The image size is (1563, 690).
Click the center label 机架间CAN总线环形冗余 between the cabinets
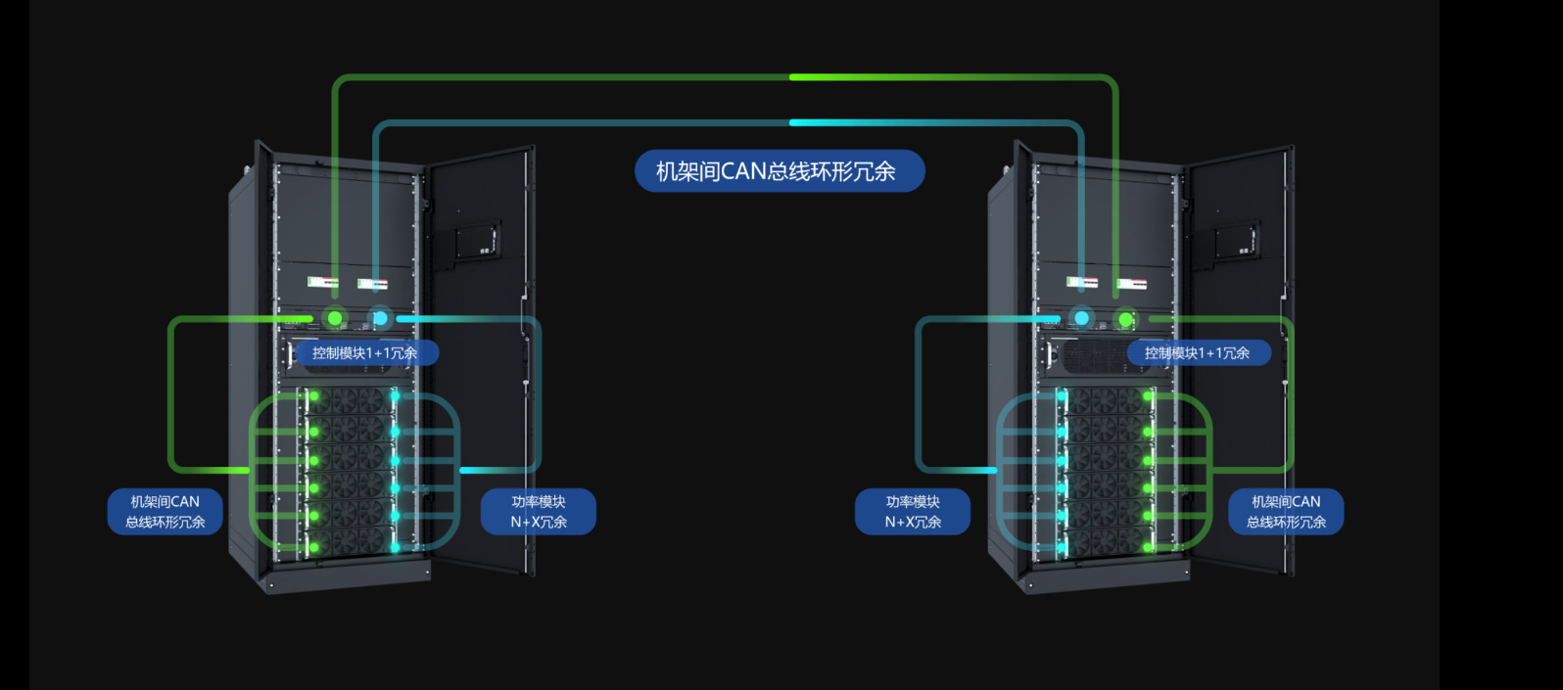[x=779, y=171]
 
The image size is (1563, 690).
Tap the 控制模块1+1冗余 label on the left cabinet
[x=365, y=353]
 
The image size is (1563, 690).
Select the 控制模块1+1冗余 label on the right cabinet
[x=1198, y=353]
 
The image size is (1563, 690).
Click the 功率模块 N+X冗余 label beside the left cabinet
[x=539, y=512]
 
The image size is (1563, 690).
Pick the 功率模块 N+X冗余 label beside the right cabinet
[x=913, y=512]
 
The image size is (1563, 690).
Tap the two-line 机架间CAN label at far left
[x=165, y=512]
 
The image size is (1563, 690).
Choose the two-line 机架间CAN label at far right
[x=1286, y=512]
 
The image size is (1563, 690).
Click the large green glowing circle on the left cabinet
[x=335, y=318]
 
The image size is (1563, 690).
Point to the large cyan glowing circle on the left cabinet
[x=380, y=318]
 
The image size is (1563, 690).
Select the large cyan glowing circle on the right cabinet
[x=1081, y=318]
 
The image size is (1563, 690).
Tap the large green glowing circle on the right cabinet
[x=1126, y=319]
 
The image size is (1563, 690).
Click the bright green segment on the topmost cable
[x=832, y=76]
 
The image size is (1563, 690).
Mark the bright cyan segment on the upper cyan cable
[x=832, y=122]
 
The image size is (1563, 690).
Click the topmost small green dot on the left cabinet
[x=314, y=396]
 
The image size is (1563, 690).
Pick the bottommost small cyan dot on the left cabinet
[x=395, y=547]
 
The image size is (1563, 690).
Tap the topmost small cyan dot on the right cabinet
[x=1062, y=396]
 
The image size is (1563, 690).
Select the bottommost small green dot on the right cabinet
[x=1147, y=547]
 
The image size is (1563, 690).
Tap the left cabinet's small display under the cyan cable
[x=372, y=284]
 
